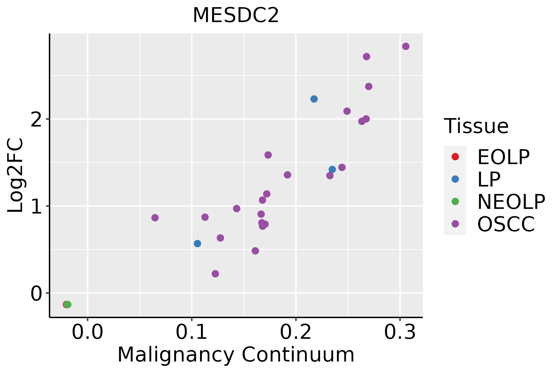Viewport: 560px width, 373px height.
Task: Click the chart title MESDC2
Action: point(236,16)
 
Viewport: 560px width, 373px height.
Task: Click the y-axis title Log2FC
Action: point(16,176)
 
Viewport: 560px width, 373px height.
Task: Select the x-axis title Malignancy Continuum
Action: point(236,355)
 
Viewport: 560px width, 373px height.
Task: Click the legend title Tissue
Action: point(476,126)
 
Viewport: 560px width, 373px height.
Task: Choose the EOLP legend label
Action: point(503,157)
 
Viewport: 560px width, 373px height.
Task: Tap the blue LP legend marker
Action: point(455,179)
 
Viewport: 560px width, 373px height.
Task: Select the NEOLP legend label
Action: point(511,202)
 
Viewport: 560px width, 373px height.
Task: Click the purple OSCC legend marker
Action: point(455,224)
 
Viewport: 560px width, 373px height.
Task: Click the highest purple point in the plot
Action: point(406,46)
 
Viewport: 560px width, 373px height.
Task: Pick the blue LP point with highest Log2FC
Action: point(314,99)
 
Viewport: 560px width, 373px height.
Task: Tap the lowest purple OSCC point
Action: point(215,274)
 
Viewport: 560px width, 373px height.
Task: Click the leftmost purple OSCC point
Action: point(155,218)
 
